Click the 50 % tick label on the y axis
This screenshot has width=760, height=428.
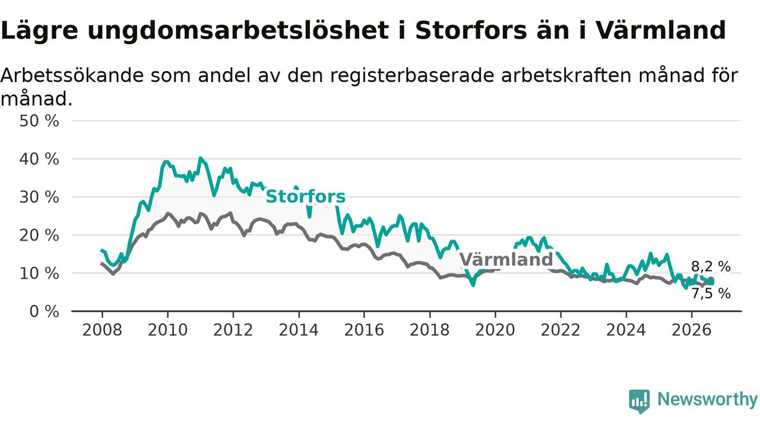click(39, 121)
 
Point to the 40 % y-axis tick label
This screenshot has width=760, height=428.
click(39, 159)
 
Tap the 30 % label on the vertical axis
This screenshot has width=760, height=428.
click(39, 197)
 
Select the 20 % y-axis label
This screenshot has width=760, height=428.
click(39, 235)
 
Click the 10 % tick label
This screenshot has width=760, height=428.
click(39, 273)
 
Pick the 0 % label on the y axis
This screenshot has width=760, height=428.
click(44, 311)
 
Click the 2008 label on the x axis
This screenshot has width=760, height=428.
click(102, 330)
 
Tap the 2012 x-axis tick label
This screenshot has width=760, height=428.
click(233, 330)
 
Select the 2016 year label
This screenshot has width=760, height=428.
click(364, 330)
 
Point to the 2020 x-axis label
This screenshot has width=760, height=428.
click(495, 330)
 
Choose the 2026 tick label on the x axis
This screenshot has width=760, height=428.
click(692, 330)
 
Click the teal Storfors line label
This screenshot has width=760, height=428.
click(305, 197)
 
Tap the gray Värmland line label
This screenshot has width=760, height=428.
click(506, 260)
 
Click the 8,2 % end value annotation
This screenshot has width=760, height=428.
click(711, 267)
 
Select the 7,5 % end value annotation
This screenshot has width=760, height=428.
click(711, 294)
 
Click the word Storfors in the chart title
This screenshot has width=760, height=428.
click(471, 30)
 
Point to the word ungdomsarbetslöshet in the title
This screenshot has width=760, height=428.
click(238, 30)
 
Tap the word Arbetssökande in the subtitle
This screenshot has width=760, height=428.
click(72, 75)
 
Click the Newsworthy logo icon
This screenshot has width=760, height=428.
click(639, 401)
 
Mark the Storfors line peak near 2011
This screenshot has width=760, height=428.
click(200, 158)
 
